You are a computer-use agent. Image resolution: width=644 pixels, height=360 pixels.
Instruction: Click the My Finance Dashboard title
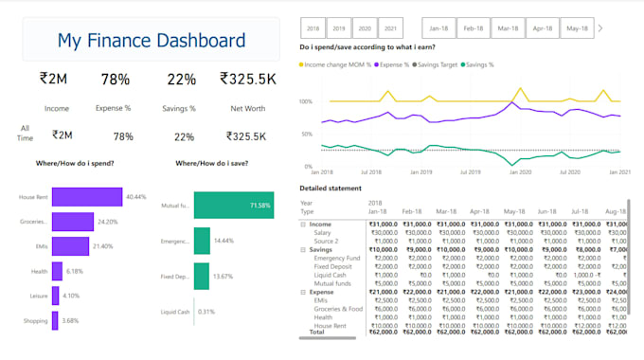[x=152, y=41]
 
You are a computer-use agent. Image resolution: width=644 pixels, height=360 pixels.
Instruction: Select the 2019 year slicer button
[x=338, y=28]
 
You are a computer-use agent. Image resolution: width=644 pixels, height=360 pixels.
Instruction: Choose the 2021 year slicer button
[x=390, y=28]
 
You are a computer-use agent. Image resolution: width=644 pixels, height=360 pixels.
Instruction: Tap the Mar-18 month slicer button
[x=509, y=28]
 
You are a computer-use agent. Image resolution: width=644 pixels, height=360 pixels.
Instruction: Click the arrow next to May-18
[x=600, y=28]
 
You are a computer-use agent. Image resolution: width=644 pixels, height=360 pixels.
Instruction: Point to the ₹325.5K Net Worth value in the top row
[x=247, y=81]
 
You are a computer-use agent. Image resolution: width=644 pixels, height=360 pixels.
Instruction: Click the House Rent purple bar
[x=87, y=197]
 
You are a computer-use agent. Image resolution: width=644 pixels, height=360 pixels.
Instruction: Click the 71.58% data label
[x=259, y=205]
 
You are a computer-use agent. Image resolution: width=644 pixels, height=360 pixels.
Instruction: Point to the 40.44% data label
[x=135, y=197]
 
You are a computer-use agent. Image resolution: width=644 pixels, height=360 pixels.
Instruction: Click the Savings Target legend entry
[x=439, y=64]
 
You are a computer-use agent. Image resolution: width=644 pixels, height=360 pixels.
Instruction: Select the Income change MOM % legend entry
[x=337, y=64]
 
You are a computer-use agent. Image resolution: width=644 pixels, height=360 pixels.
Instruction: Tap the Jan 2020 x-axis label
[x=518, y=172]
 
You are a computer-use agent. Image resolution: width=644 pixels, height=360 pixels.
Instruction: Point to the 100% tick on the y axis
[x=305, y=101]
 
